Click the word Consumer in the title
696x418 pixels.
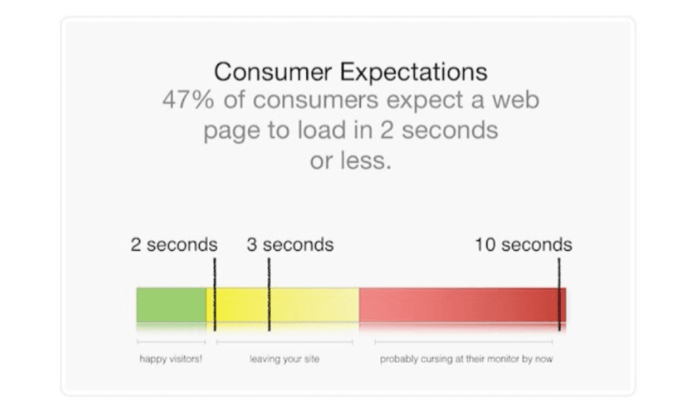(x=273, y=72)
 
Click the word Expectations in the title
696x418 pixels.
(x=414, y=72)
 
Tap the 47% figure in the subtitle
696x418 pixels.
(x=188, y=100)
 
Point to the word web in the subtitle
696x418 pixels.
(x=516, y=100)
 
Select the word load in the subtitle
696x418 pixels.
(x=321, y=129)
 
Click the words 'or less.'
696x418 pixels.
(x=350, y=160)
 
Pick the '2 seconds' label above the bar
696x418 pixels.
(x=174, y=245)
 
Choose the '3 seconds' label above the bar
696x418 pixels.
(x=290, y=245)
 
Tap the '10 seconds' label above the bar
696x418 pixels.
(x=524, y=245)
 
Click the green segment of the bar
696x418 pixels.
(x=171, y=305)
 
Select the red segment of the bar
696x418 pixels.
(x=462, y=305)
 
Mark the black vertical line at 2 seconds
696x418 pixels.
(x=215, y=295)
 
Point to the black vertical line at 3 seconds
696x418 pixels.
(x=269, y=295)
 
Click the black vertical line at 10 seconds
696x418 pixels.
(x=559, y=295)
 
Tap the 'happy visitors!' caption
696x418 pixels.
(x=171, y=359)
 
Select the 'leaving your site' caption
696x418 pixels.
(x=284, y=359)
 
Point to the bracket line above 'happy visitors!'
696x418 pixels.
(x=171, y=342)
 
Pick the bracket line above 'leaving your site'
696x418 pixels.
(x=285, y=342)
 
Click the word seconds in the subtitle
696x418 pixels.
(x=450, y=130)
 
